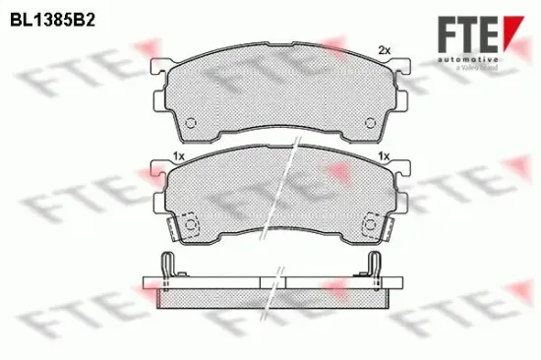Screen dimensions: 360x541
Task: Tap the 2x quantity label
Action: click(x=385, y=50)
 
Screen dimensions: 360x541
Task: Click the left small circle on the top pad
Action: click(x=192, y=123)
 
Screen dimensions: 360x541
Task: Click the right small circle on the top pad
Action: click(x=371, y=123)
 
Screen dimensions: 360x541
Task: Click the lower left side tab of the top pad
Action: click(x=159, y=100)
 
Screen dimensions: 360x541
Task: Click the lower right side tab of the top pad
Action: click(x=403, y=100)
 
